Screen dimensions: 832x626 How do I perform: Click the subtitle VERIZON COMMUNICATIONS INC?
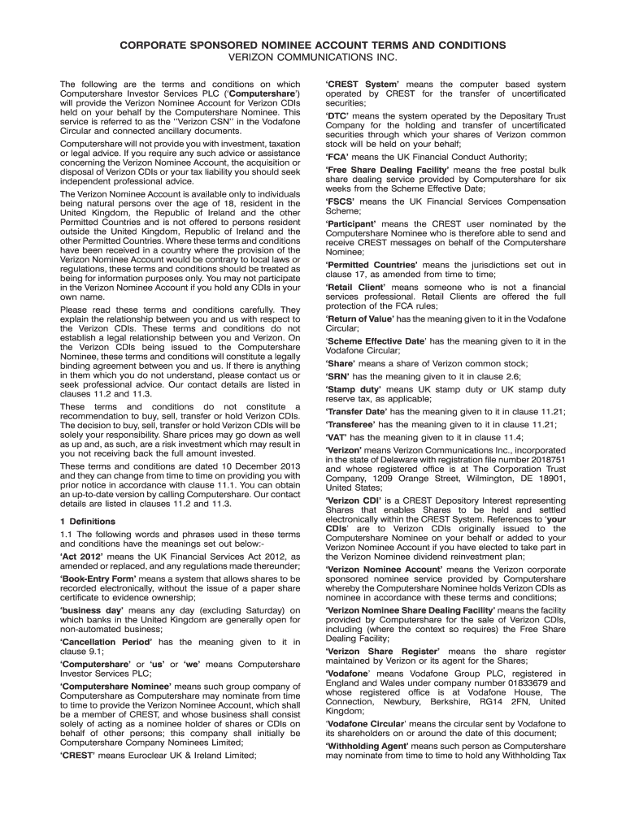pyautogui.click(x=313, y=58)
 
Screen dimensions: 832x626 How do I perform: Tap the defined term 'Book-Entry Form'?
pyautogui.click(x=96, y=578)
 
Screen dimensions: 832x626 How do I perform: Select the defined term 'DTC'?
pyautogui.click(x=338, y=116)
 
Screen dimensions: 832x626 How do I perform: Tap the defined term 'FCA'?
pyautogui.click(x=337, y=157)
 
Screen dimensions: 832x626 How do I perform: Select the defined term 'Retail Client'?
pyautogui.click(x=356, y=287)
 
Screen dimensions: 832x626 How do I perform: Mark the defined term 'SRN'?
pyautogui.click(x=338, y=377)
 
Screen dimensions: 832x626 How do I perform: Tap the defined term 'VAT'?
pyautogui.click(x=338, y=436)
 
